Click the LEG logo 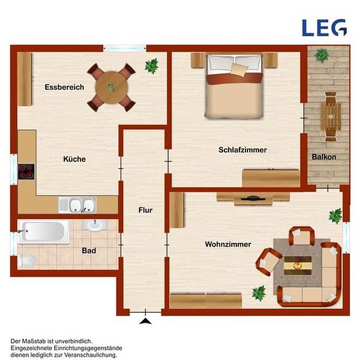pos(324,27)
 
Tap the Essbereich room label pos(64,87)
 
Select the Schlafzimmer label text pos(243,150)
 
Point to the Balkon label pos(324,157)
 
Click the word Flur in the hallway pos(145,210)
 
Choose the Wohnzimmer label pos(228,244)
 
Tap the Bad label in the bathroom pos(89,251)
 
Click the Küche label pos(75,159)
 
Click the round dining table pos(111,88)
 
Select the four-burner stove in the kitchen pos(26,171)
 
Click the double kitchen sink pos(77,205)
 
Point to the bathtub pos(43,232)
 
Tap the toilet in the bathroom pos(27,261)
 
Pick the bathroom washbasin pos(95,225)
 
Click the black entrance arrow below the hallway pos(145,321)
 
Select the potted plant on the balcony pos(321,56)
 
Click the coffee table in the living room pos(298,266)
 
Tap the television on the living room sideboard pos(253,198)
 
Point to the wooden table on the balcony pos(331,117)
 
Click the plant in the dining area pos(152,66)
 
